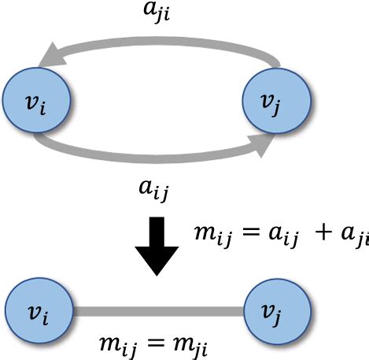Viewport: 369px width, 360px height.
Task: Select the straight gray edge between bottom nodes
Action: (158, 311)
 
